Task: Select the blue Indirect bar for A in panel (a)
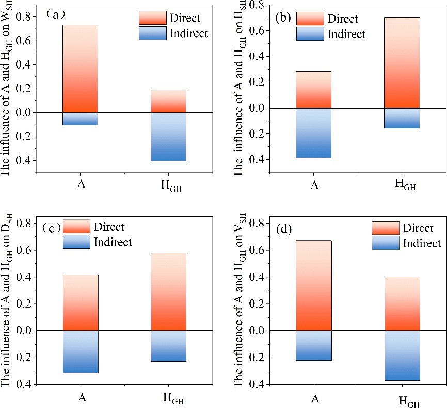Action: (80, 118)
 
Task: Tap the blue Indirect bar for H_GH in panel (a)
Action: (168, 137)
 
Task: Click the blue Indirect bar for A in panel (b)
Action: (313, 132)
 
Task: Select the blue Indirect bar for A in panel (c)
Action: (80, 351)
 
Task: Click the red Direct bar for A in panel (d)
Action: (313, 285)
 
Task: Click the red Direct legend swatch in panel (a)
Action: (152, 18)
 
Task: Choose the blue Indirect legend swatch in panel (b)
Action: (310, 34)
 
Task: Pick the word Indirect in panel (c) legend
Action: (113, 242)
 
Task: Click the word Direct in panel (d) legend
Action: (418, 228)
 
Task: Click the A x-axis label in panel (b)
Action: (313, 184)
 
